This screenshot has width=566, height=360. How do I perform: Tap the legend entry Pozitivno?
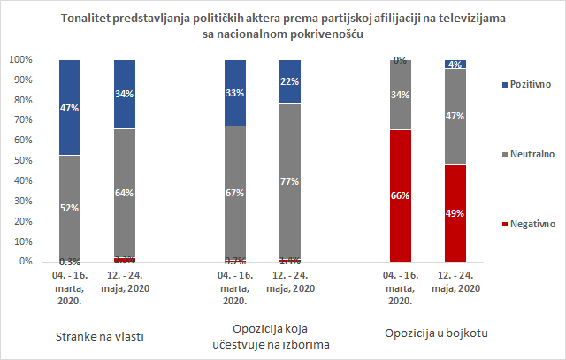point(527,84)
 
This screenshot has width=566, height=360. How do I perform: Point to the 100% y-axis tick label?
point(20,60)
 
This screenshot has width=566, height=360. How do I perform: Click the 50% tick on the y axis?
point(23,161)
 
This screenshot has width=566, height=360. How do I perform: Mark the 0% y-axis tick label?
point(26,262)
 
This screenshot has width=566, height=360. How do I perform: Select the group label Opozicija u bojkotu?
point(439,333)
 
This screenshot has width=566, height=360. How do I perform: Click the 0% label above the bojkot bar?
point(400,60)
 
